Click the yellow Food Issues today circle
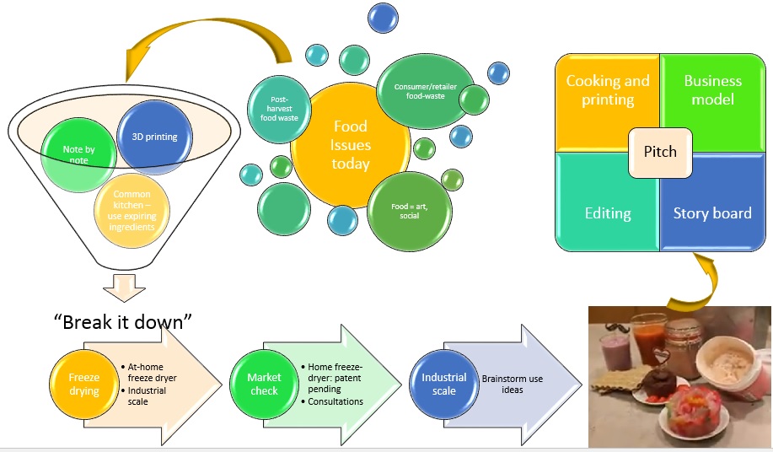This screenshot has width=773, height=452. click(x=350, y=145)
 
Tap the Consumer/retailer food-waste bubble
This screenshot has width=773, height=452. click(x=418, y=91)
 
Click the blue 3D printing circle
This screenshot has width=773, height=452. click(x=154, y=136)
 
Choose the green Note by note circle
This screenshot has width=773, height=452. click(x=78, y=155)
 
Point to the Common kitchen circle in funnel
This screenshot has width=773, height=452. click(x=132, y=211)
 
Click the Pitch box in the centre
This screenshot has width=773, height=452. click(x=660, y=153)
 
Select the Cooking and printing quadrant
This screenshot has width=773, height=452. click(x=607, y=91)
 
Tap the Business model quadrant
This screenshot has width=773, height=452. click(x=713, y=91)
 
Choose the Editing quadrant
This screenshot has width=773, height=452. click(x=607, y=213)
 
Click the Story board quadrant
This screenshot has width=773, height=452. click(x=712, y=213)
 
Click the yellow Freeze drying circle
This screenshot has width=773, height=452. click(x=84, y=385)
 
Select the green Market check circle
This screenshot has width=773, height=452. click(x=263, y=385)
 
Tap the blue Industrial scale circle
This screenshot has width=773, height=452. click(x=443, y=385)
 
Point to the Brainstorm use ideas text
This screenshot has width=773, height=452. click(x=513, y=385)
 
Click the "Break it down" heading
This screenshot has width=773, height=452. click(x=123, y=322)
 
